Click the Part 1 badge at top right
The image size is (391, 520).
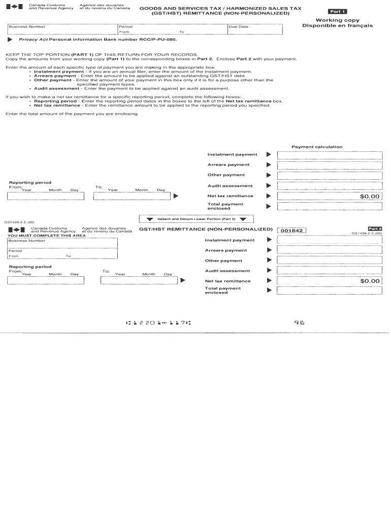(338, 11)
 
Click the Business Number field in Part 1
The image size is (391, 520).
(61, 29)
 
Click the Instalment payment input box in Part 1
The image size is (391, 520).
(329, 155)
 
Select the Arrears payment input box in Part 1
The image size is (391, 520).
(329, 165)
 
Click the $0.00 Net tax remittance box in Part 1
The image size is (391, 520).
(329, 196)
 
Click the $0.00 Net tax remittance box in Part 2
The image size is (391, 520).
(329, 281)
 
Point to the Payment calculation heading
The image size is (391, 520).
(317, 147)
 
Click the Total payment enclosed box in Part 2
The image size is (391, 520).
(329, 290)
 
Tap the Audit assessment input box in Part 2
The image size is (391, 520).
(329, 271)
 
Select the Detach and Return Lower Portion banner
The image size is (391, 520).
(196, 219)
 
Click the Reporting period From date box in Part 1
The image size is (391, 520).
(44, 196)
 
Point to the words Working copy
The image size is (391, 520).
(337, 20)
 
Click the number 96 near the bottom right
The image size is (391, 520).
(299, 322)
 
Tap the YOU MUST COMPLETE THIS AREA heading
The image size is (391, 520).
(39, 236)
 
